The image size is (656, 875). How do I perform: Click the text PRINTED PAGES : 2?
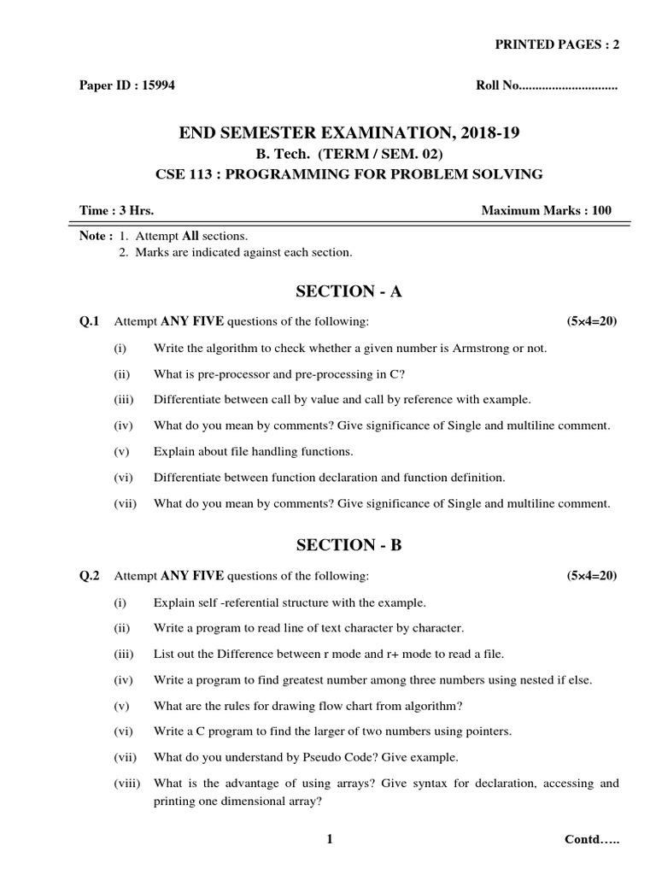[558, 45]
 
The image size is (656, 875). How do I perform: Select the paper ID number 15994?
[158, 86]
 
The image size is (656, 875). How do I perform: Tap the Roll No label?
[496, 86]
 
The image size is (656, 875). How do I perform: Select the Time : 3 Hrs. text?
[116, 210]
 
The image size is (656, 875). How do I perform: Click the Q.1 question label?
[90, 321]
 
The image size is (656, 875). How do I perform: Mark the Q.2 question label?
[90, 576]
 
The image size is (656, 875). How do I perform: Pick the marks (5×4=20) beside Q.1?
[591, 321]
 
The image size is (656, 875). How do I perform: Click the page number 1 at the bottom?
[329, 840]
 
